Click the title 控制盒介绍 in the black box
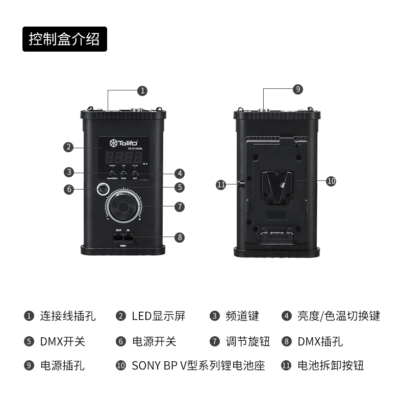point(64,39)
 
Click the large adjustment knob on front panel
point(124,206)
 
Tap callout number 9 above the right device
point(298,89)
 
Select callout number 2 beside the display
point(68,147)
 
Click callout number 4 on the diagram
point(180,173)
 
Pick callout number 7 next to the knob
point(179,207)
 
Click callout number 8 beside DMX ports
point(179,237)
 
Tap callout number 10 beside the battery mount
point(331,181)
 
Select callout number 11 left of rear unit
point(220,185)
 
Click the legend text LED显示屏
point(158,316)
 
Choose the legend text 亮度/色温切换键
point(339,316)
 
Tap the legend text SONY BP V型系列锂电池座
point(198,366)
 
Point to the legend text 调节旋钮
point(247,341)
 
